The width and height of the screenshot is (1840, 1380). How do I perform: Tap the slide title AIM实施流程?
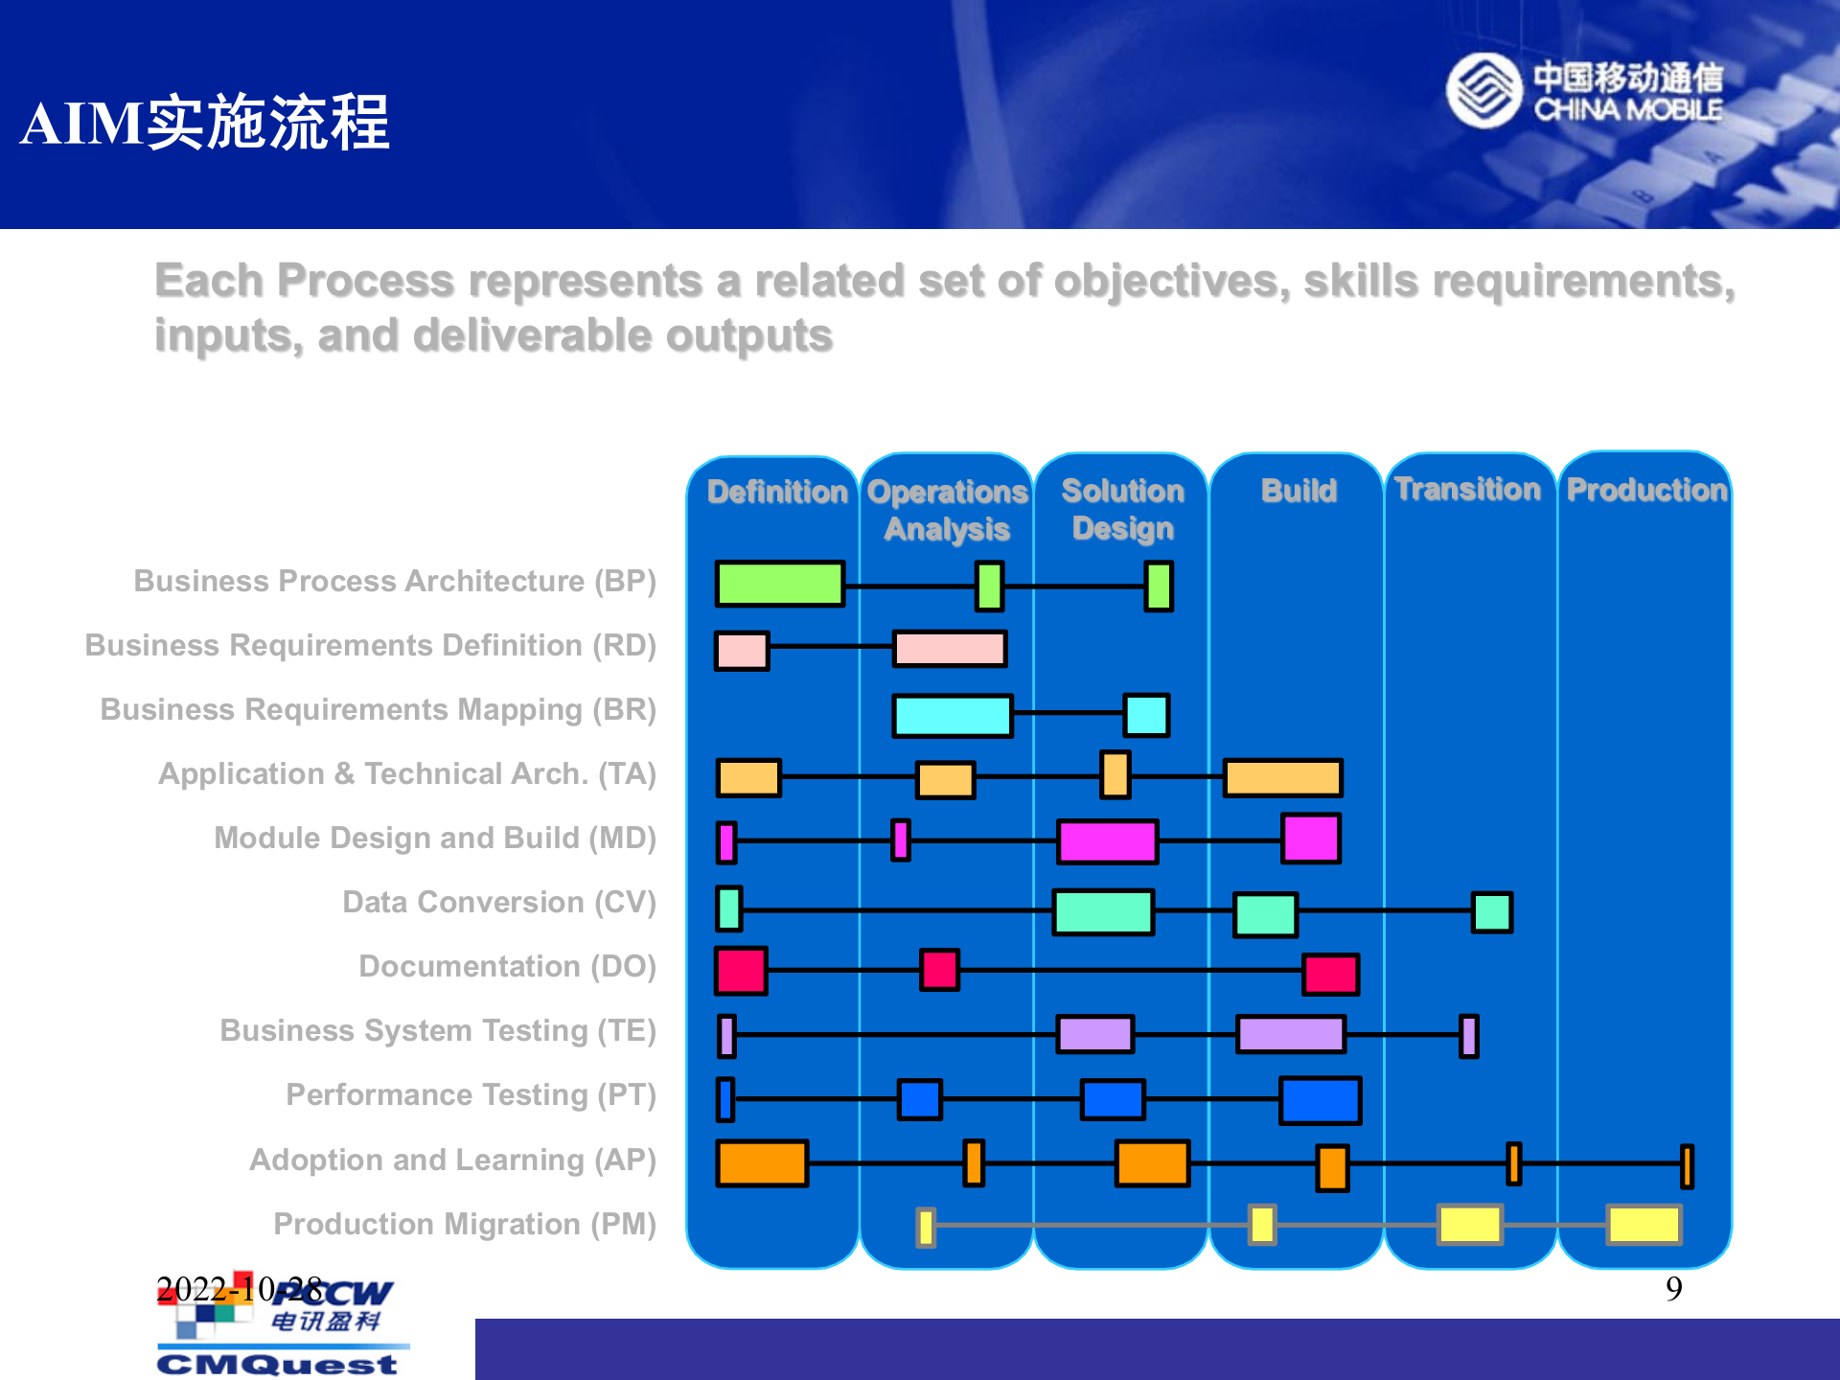click(x=205, y=123)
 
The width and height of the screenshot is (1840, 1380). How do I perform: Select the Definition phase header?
click(x=777, y=492)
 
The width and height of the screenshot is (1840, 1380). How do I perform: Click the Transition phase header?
click(x=1467, y=490)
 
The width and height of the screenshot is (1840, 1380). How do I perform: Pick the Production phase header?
click(x=1645, y=491)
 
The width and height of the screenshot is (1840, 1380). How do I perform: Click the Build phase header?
click(x=1299, y=491)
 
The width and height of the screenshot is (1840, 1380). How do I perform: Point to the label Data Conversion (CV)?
click(x=498, y=902)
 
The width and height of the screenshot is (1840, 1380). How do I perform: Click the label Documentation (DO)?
click(x=507, y=966)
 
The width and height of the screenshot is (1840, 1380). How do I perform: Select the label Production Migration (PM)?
click(x=465, y=1224)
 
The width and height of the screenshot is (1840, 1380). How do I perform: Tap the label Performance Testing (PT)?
click(x=471, y=1094)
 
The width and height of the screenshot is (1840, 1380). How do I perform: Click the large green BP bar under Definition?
click(x=780, y=585)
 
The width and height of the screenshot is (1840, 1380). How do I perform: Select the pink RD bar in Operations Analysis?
click(x=950, y=649)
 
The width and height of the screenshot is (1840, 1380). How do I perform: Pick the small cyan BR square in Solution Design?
click(x=1146, y=715)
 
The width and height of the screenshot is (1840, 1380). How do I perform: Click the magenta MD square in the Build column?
click(x=1310, y=839)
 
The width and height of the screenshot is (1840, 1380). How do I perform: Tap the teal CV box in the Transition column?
click(x=1491, y=912)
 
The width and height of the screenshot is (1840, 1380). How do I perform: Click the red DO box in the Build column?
click(x=1330, y=975)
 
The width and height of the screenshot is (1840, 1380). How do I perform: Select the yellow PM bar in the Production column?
click(x=1644, y=1225)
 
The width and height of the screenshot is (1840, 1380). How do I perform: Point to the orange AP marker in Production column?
click(x=1687, y=1166)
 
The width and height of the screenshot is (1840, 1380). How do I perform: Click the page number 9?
click(x=1673, y=1289)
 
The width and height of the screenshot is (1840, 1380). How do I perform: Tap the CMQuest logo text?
click(x=277, y=1364)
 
